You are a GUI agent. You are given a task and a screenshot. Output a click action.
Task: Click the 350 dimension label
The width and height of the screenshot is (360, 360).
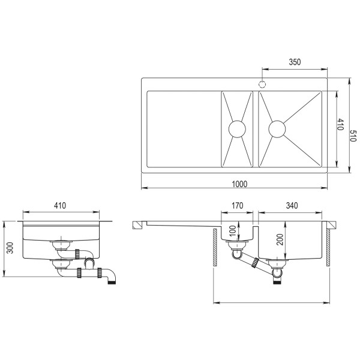coord(295,62)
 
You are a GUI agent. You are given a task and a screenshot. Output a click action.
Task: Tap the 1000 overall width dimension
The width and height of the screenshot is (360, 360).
coord(239,184)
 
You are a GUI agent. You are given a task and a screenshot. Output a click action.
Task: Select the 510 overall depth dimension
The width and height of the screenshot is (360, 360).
coord(353,136)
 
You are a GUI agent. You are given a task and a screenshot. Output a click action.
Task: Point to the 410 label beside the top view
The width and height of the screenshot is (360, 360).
coord(340,124)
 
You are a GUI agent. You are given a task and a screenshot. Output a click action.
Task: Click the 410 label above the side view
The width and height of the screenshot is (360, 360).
coord(60,205)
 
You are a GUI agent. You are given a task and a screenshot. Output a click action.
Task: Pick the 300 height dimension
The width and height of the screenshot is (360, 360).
coord(10,248)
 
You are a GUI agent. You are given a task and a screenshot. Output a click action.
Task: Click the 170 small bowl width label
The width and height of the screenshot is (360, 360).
coord(237,205)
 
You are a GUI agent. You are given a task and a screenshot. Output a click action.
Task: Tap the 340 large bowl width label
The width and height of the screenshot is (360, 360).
coord(292,205)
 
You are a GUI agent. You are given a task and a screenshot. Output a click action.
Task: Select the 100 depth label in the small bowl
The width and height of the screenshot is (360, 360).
coord(233,231)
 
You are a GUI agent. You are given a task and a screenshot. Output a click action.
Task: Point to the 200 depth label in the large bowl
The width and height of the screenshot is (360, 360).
coord(280,239)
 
